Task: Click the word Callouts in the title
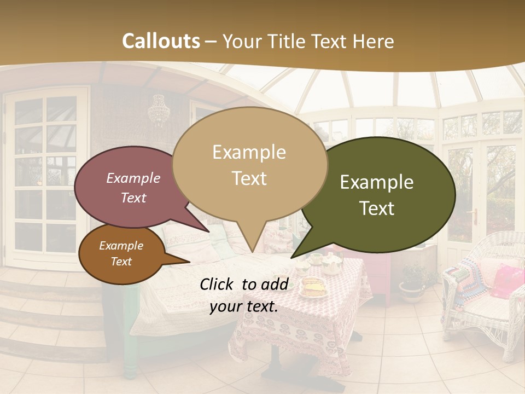tap(161, 41)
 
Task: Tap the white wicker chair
tap(481, 296)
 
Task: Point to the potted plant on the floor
tap(412, 282)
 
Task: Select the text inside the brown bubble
tap(121, 254)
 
